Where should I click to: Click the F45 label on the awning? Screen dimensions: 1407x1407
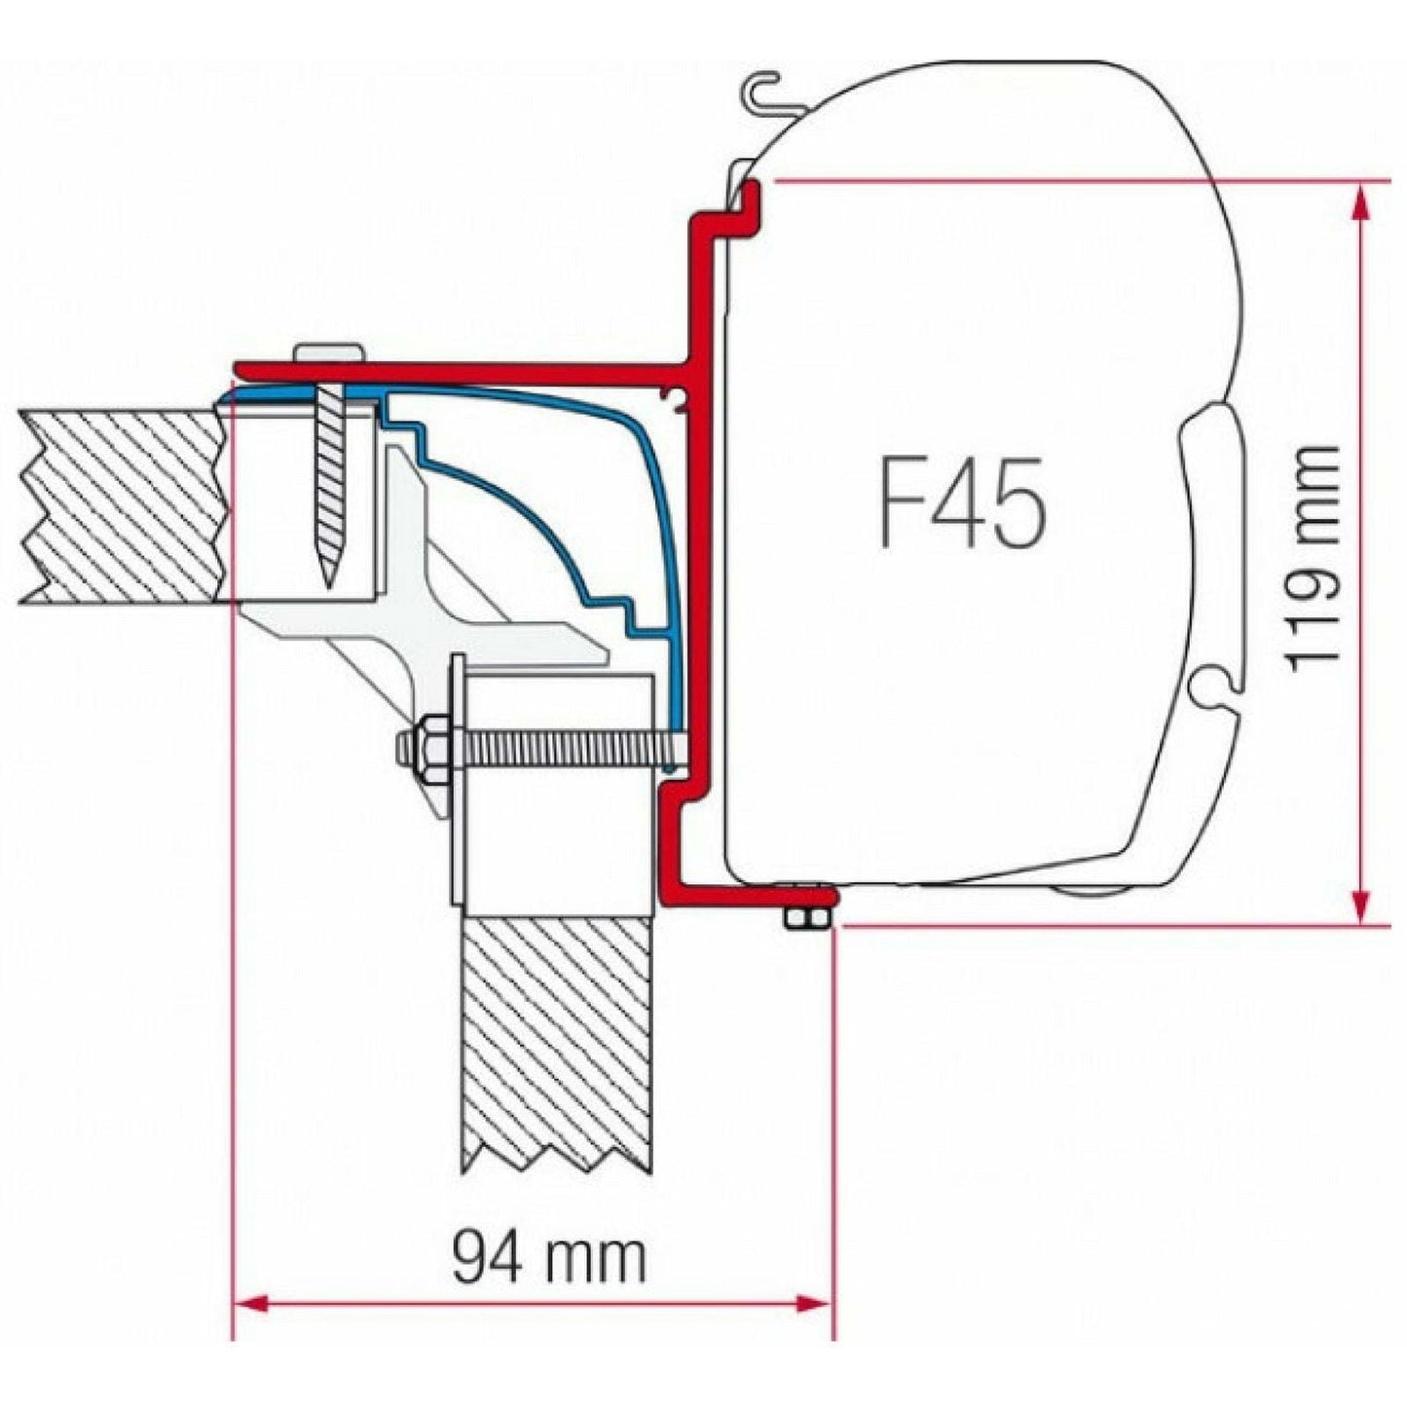(962, 502)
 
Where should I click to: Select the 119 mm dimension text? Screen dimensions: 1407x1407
(1312, 558)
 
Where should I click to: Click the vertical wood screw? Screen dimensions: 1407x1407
(330, 487)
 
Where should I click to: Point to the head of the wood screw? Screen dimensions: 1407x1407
(329, 352)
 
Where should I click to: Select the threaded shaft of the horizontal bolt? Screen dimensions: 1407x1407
(565, 748)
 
